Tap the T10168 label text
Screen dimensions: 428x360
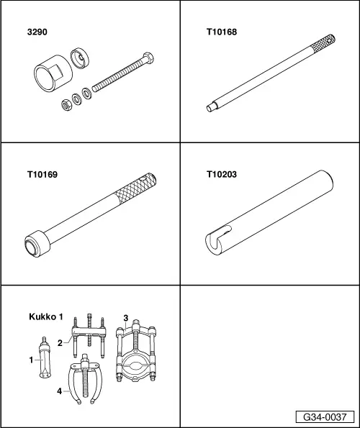pyautogui.click(x=220, y=32)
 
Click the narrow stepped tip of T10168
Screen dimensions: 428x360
pyautogui.click(x=212, y=109)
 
